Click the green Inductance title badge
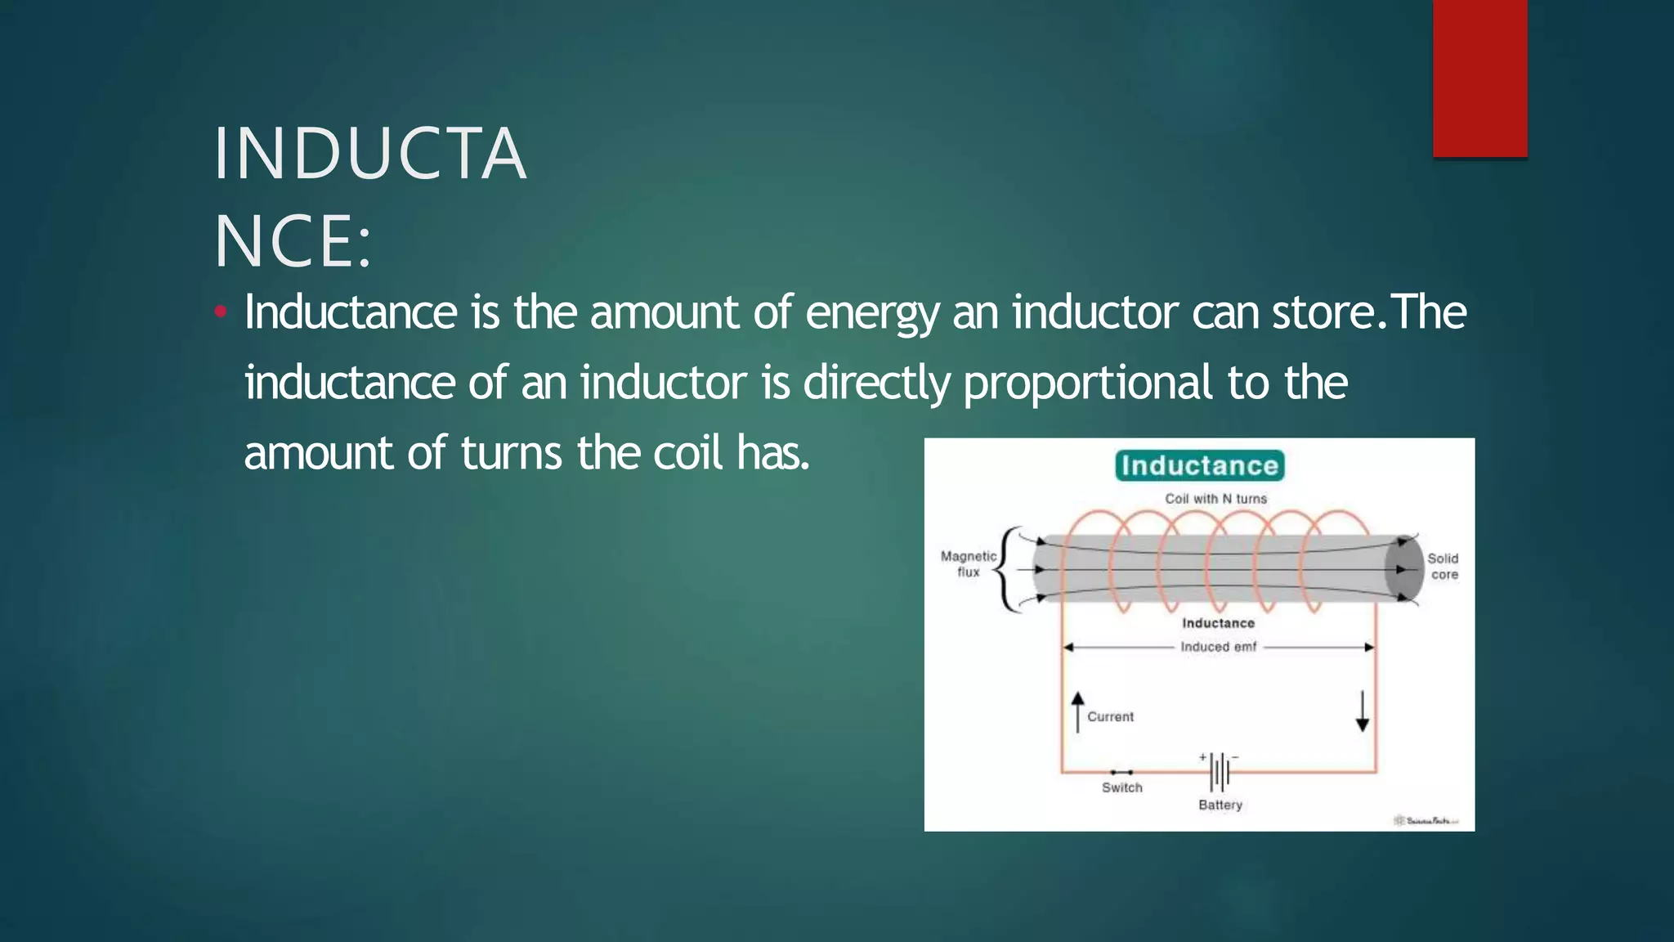coord(1199,465)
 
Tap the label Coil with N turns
coord(1215,498)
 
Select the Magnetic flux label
coord(968,564)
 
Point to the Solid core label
coord(1443,566)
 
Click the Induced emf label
coord(1218,647)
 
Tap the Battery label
coord(1220,805)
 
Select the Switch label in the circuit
coord(1121,787)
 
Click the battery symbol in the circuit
coord(1220,771)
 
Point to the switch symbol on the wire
coord(1121,772)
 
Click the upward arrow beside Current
coord(1077,711)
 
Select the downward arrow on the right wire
coord(1362,711)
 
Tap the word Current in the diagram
coord(1110,716)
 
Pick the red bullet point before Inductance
coord(219,312)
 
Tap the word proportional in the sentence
coord(1087,383)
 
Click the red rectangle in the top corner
coord(1479,78)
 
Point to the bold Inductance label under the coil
coord(1218,623)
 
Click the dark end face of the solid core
coord(1403,569)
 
